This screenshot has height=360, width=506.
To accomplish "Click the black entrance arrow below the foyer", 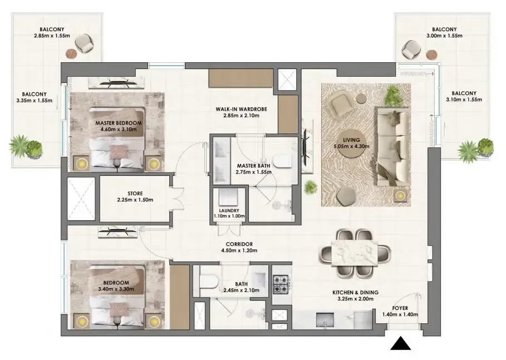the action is click(400, 344).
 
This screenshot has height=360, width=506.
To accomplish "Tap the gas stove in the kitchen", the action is click(281, 284).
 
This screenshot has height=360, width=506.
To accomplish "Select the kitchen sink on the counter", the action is click(325, 320).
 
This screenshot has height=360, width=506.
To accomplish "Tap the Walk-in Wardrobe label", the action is click(242, 110).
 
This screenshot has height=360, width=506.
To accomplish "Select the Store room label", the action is click(135, 194).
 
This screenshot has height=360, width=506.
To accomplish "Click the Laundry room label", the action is click(229, 211).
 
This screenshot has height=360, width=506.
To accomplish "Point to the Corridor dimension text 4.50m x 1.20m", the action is click(239, 250).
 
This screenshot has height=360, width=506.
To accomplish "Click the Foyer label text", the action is click(400, 308).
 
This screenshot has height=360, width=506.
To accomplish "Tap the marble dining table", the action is click(355, 253).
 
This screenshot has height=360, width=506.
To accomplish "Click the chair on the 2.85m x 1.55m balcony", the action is click(84, 43).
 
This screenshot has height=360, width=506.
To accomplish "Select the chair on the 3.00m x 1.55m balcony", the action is click(411, 50).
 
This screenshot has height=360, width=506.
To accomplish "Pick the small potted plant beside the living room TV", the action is click(311, 188).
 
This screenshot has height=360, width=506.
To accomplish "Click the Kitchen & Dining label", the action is click(355, 293).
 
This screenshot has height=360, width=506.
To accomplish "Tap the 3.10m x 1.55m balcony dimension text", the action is click(464, 100).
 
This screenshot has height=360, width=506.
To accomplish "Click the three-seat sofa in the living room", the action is click(391, 147).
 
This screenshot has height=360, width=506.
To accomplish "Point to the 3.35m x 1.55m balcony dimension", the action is click(34, 101).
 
